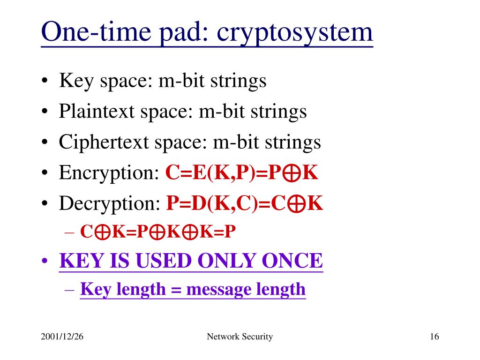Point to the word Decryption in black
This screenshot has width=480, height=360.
coord(110,204)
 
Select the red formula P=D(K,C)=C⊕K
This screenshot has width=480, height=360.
coord(245,203)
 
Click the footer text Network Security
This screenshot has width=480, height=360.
coord(240,337)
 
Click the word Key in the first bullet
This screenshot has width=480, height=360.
coord(74,81)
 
